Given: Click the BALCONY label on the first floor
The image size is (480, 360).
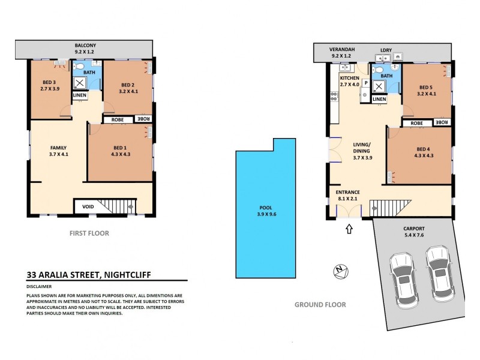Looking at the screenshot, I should pyautogui.click(x=85, y=46).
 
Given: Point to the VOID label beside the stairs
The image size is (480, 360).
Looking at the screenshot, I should pyautogui.click(x=87, y=207).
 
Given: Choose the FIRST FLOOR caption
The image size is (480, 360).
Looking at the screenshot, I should pyautogui.click(x=89, y=233).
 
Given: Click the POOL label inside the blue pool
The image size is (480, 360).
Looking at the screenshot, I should pyautogui.click(x=265, y=208).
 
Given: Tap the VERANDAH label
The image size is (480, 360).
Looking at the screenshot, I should pyautogui.click(x=340, y=50).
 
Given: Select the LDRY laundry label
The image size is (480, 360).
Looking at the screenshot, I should pyautogui.click(x=385, y=50).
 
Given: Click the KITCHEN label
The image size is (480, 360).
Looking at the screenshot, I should pyautogui.click(x=349, y=79).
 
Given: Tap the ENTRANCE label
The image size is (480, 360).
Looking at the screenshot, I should pyautogui.click(x=348, y=192).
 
